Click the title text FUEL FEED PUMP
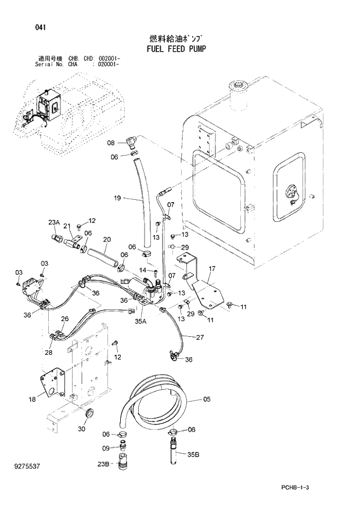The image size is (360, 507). point(172,49)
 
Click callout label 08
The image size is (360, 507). point(111,142)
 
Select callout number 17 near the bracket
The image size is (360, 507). point(212,268)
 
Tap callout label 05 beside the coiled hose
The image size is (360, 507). point(207,400)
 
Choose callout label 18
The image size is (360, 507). point(32,399)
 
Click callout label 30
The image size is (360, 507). point(82,429)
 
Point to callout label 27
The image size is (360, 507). point(199,337)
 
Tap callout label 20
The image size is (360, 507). point(106,239)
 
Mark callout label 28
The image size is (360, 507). point(48,353)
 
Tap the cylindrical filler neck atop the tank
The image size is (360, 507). point(239,96)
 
